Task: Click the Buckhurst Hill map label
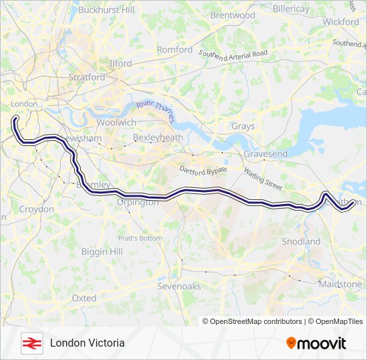coord(106,10)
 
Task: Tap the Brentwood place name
coord(233,15)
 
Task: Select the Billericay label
coord(287,9)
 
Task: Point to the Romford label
coord(175,49)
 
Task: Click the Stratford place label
coord(87,77)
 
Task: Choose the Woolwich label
coord(116,123)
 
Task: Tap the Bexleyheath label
coord(157,137)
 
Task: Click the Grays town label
coord(244,126)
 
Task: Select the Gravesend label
coord(266,154)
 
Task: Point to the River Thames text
coord(155,111)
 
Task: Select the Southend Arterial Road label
coord(233,53)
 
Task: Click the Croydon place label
coord(37,209)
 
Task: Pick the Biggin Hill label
coord(101,251)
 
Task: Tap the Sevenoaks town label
coord(179,286)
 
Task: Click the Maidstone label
coord(340,284)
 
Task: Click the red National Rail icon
coord(31,343)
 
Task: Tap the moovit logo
coord(316,343)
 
